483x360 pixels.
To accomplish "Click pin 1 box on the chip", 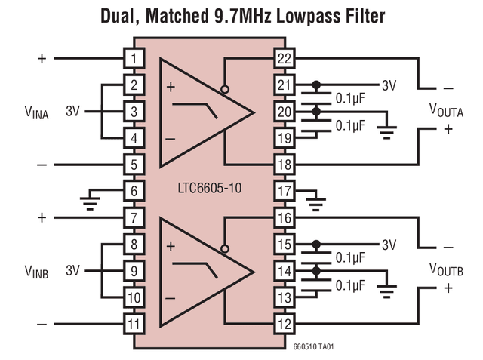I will [x=134, y=57].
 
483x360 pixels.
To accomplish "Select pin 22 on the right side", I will [x=284, y=57].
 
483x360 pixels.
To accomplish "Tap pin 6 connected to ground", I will [x=134, y=191].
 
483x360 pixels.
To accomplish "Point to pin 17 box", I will [x=284, y=191].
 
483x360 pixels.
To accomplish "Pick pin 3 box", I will [x=134, y=112].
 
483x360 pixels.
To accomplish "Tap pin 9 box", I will [x=134, y=271].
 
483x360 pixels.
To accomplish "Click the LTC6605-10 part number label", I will [x=208, y=188].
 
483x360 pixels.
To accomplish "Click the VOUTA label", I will [x=446, y=111].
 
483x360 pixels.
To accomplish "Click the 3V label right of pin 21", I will [x=389, y=85].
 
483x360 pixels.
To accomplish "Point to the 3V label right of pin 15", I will [x=389, y=245].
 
